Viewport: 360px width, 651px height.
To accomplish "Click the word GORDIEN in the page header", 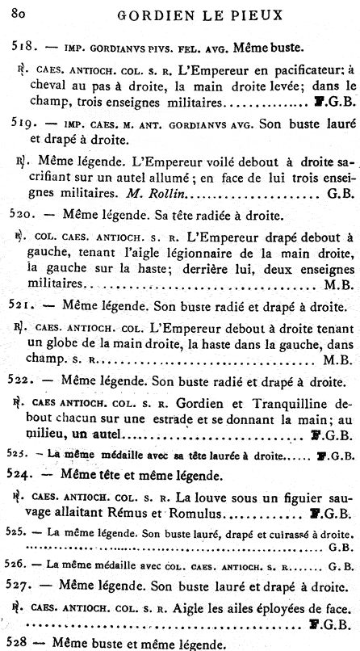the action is (x=147, y=14).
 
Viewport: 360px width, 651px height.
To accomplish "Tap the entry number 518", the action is (x=22, y=48).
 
